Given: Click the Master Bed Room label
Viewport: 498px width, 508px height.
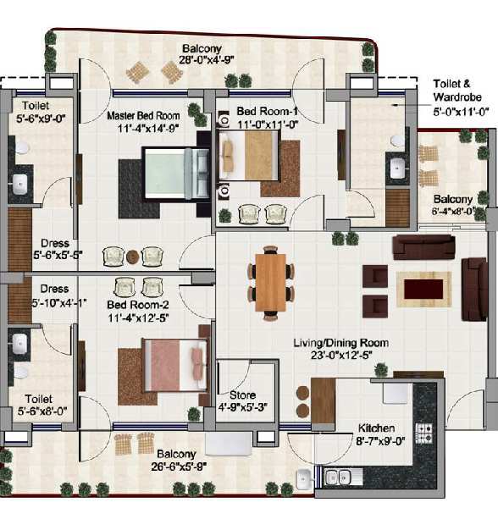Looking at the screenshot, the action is click(143, 116).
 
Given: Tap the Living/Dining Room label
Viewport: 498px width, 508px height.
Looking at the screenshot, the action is click(340, 343).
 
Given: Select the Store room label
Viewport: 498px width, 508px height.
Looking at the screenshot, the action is click(243, 395).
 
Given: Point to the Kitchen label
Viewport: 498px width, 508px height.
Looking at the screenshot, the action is click(376, 428).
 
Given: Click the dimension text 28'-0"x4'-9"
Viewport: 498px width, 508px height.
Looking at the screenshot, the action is click(207, 60).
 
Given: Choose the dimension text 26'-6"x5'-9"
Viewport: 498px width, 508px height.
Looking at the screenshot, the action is click(179, 467).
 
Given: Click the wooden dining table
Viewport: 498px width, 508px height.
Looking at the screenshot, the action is click(270, 282).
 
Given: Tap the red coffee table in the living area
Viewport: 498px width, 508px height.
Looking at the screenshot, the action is click(423, 290).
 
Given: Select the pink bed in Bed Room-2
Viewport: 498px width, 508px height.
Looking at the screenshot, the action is click(175, 365).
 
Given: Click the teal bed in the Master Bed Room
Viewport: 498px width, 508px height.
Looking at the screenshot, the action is click(176, 174).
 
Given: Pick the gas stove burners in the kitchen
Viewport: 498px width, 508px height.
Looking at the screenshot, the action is click(424, 433).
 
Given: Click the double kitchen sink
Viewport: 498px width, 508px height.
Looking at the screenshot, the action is click(338, 477).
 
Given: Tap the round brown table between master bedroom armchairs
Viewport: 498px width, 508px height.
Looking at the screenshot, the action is click(132, 257).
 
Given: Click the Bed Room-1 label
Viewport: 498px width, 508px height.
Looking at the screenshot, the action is click(268, 111).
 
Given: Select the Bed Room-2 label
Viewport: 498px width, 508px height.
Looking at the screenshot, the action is click(138, 305).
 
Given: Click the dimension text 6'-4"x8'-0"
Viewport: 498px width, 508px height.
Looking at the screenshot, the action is click(453, 211).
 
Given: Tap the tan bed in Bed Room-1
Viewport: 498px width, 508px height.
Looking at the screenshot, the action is click(249, 156).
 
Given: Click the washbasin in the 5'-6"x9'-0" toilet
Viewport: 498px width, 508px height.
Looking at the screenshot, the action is click(19, 185).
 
